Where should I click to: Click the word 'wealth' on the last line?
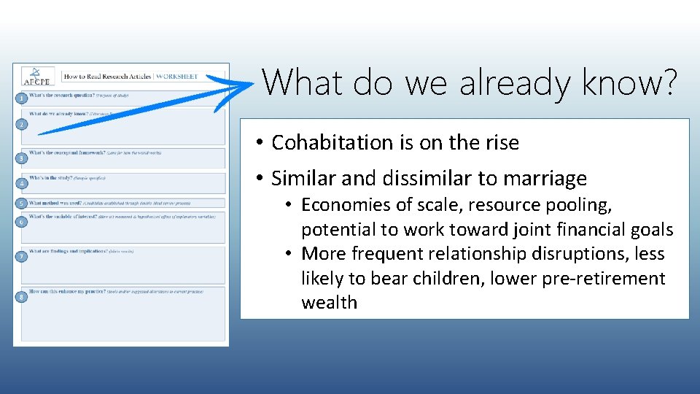coord(329,303)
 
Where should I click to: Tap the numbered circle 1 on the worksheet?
coord(23,98)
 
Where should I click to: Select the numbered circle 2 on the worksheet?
coord(23,125)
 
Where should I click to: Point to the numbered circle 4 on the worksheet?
coord(23,183)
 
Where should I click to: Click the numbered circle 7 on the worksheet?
coord(23,256)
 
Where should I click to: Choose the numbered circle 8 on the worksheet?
coord(23,298)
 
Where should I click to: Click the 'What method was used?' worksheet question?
coord(55,203)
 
